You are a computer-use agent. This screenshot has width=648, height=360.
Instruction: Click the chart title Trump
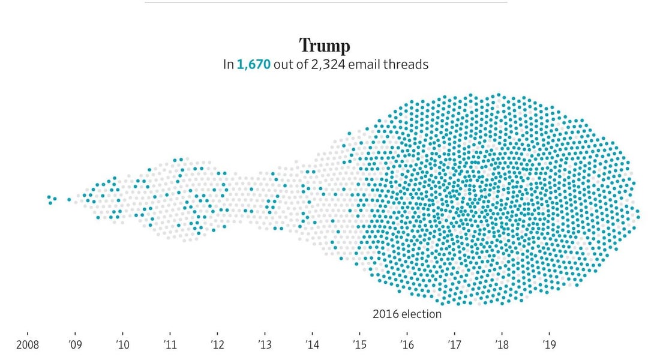325,46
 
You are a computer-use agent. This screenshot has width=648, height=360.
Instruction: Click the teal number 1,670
253,64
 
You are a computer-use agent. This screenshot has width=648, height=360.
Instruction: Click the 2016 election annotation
407,314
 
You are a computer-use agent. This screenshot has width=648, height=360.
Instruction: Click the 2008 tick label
27,345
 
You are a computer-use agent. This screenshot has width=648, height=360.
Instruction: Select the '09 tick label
75,345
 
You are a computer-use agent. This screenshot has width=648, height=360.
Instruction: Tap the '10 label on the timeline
122,345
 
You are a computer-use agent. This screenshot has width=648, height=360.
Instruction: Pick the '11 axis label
170,345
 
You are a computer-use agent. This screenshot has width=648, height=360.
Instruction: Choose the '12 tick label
217,345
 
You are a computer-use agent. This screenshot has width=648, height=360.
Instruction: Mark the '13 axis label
265,345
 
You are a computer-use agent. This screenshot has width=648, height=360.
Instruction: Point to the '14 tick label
312,345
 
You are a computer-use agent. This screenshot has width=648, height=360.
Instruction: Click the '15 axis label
359,345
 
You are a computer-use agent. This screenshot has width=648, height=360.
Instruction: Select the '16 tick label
407,345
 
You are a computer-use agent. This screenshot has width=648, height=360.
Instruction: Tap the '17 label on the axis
454,345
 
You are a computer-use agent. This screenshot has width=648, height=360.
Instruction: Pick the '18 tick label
502,345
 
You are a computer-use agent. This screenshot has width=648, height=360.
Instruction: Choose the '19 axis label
549,345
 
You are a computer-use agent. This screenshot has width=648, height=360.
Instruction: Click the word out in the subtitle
282,64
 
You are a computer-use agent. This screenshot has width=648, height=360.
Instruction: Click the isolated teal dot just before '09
69,200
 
